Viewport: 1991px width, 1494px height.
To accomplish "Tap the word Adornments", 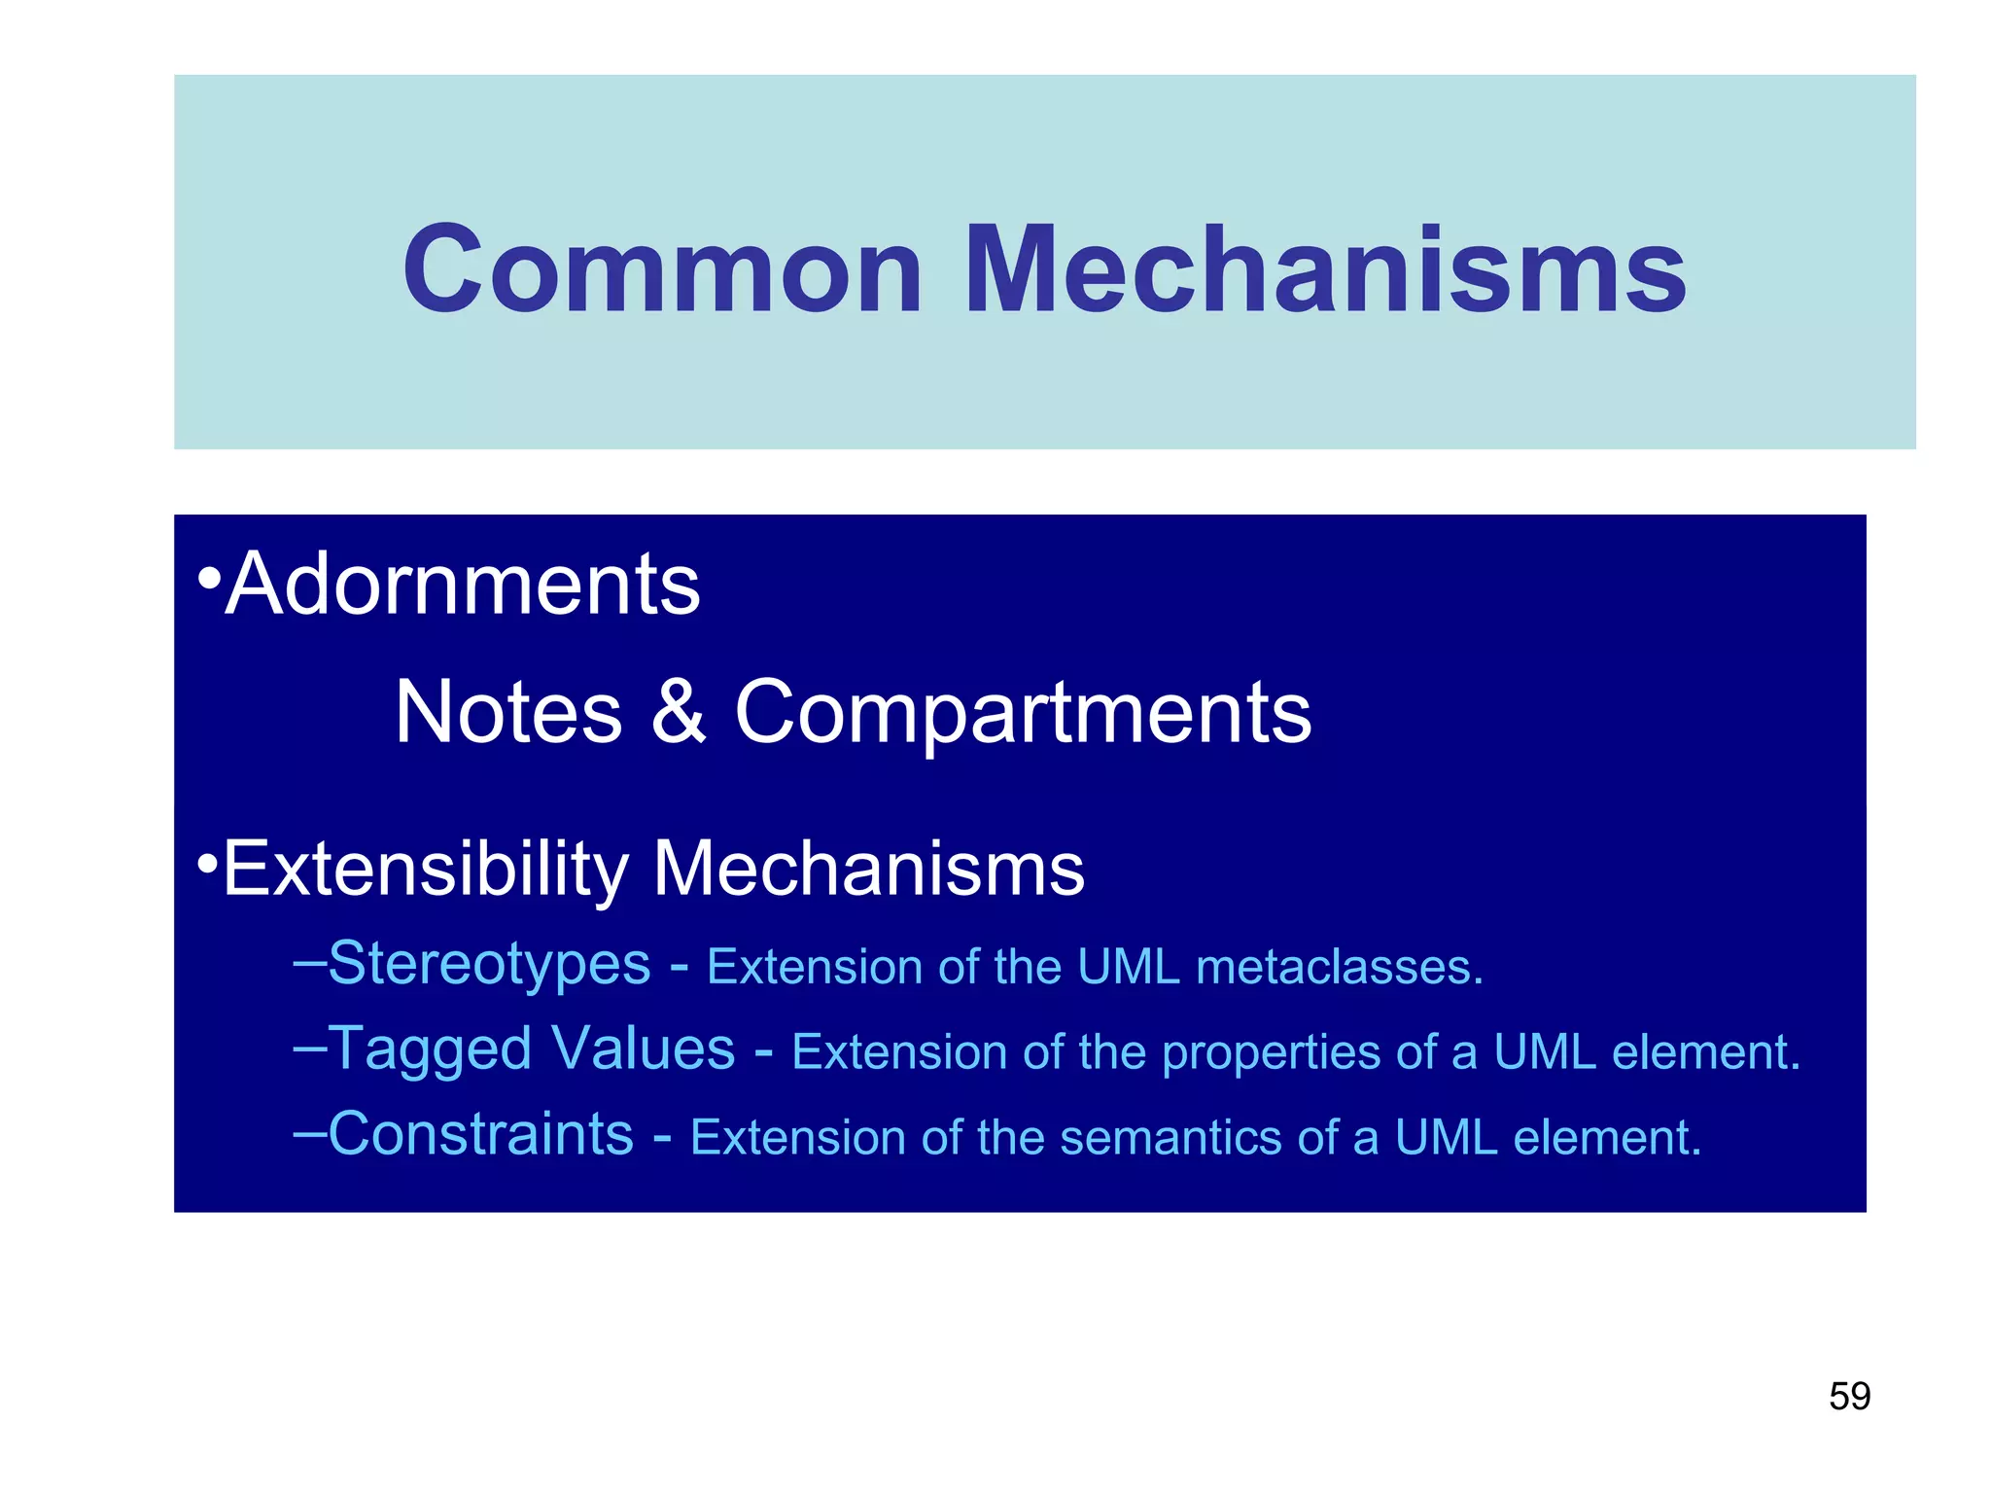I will [463, 585].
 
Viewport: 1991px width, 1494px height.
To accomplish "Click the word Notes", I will [508, 712].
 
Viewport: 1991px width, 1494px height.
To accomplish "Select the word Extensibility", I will [426, 869].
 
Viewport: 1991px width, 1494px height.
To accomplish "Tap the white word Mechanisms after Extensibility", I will [868, 869].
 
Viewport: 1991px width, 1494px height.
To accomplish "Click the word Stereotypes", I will [489, 965].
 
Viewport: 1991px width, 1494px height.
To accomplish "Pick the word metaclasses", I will [1339, 968].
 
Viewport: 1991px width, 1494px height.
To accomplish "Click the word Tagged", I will [432, 1050].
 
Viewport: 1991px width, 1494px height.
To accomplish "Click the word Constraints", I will [480, 1134].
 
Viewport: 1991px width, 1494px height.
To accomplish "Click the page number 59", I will [1849, 1397].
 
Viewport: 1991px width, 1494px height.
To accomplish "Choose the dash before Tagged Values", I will [309, 1048].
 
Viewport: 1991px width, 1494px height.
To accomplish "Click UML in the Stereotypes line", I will [1129, 968].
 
